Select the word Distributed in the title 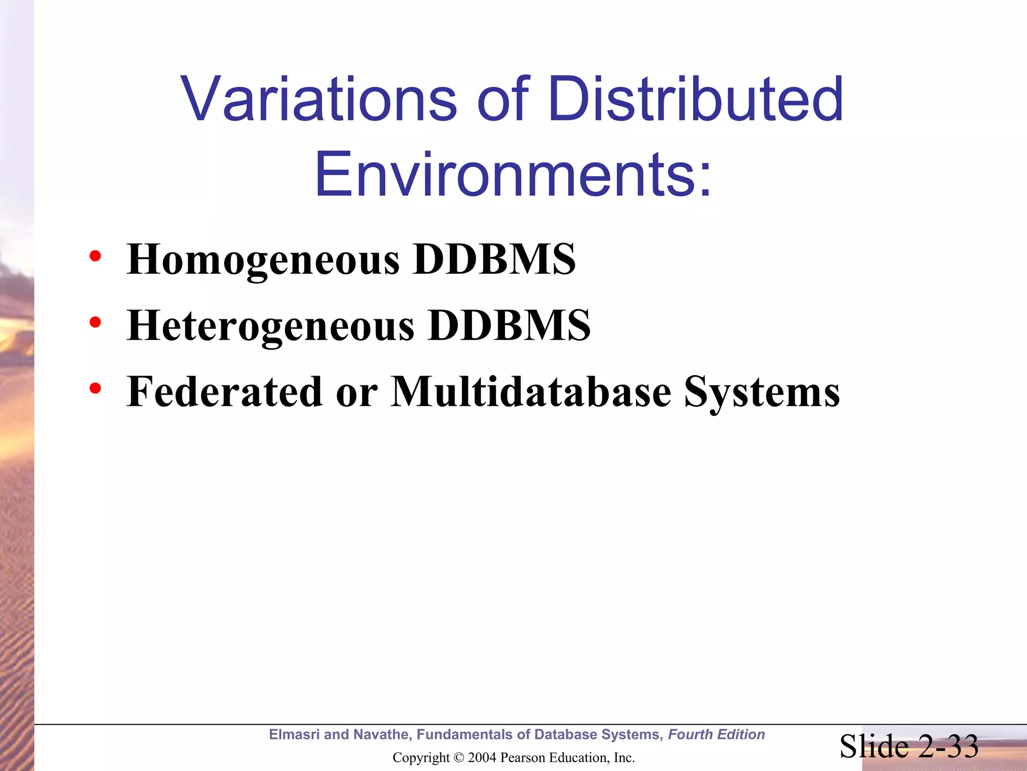[x=696, y=99]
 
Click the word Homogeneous [x=263, y=260]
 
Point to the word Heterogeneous [x=271, y=326]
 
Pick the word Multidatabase [x=531, y=392]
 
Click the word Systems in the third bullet [x=762, y=393]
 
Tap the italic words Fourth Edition [x=716, y=734]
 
